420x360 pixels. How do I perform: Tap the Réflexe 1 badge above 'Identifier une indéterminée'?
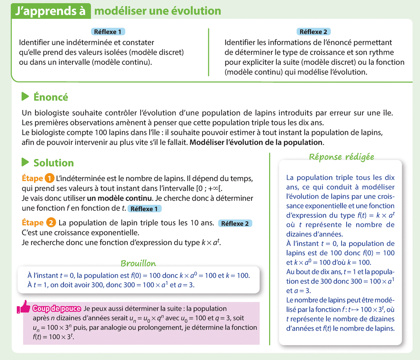(x=107, y=32)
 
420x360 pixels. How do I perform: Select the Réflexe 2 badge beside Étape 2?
(x=235, y=223)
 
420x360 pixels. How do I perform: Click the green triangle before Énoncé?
(x=25, y=96)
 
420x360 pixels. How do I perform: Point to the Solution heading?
(x=54, y=163)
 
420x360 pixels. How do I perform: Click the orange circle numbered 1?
(x=50, y=179)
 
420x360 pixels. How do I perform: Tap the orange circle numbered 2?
(x=51, y=223)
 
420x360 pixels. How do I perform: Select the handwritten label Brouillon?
(x=138, y=263)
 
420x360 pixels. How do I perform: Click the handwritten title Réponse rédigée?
(x=341, y=157)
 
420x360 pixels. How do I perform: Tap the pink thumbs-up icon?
(x=24, y=307)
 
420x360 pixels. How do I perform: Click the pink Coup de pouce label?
(x=57, y=309)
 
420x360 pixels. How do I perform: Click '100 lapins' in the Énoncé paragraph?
(x=111, y=133)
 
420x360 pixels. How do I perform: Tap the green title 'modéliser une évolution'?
(x=158, y=11)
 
